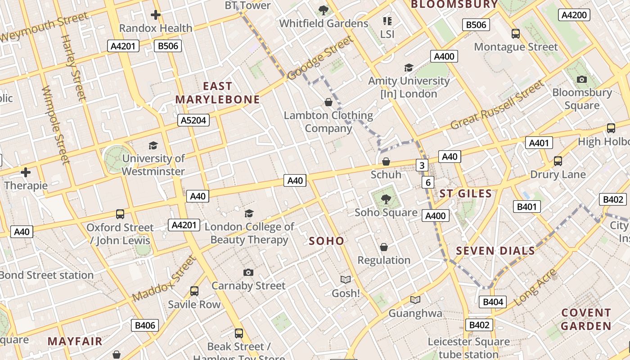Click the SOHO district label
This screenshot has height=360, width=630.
pos(326,241)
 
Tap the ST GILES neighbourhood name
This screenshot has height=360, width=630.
pos(465,194)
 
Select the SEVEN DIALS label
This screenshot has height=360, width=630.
pos(495,251)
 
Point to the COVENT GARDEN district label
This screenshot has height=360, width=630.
pos(586,319)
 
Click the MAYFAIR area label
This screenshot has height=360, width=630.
pos(75,341)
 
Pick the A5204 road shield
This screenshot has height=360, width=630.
pos(194,120)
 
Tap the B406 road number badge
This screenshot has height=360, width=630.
pos(145,325)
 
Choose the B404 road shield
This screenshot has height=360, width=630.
pos(493,302)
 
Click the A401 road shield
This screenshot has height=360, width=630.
pos(539,143)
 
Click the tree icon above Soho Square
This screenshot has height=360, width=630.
pos(386,198)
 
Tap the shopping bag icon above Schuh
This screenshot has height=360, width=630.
pos(386,161)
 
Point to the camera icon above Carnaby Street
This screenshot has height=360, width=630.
pos(248,272)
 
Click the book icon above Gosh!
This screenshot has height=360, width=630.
pos(346,280)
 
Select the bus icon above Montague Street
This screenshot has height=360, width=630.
pos(516,33)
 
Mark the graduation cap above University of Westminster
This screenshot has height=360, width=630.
pos(153,145)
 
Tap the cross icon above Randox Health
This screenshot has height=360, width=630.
pos(156,15)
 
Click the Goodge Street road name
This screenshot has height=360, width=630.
pos(320,59)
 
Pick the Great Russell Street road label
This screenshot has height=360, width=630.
pos(497,105)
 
